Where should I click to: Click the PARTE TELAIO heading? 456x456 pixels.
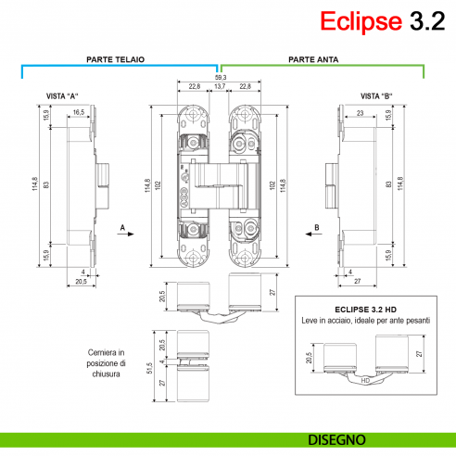pos(115,58)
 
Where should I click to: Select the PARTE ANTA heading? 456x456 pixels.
pos(313,58)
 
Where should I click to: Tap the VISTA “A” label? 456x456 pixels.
pos(62,96)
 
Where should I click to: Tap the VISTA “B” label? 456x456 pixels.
pos(376,96)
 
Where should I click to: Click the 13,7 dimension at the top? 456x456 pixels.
pos(219,86)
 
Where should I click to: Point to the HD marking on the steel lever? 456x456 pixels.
pos(365,380)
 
